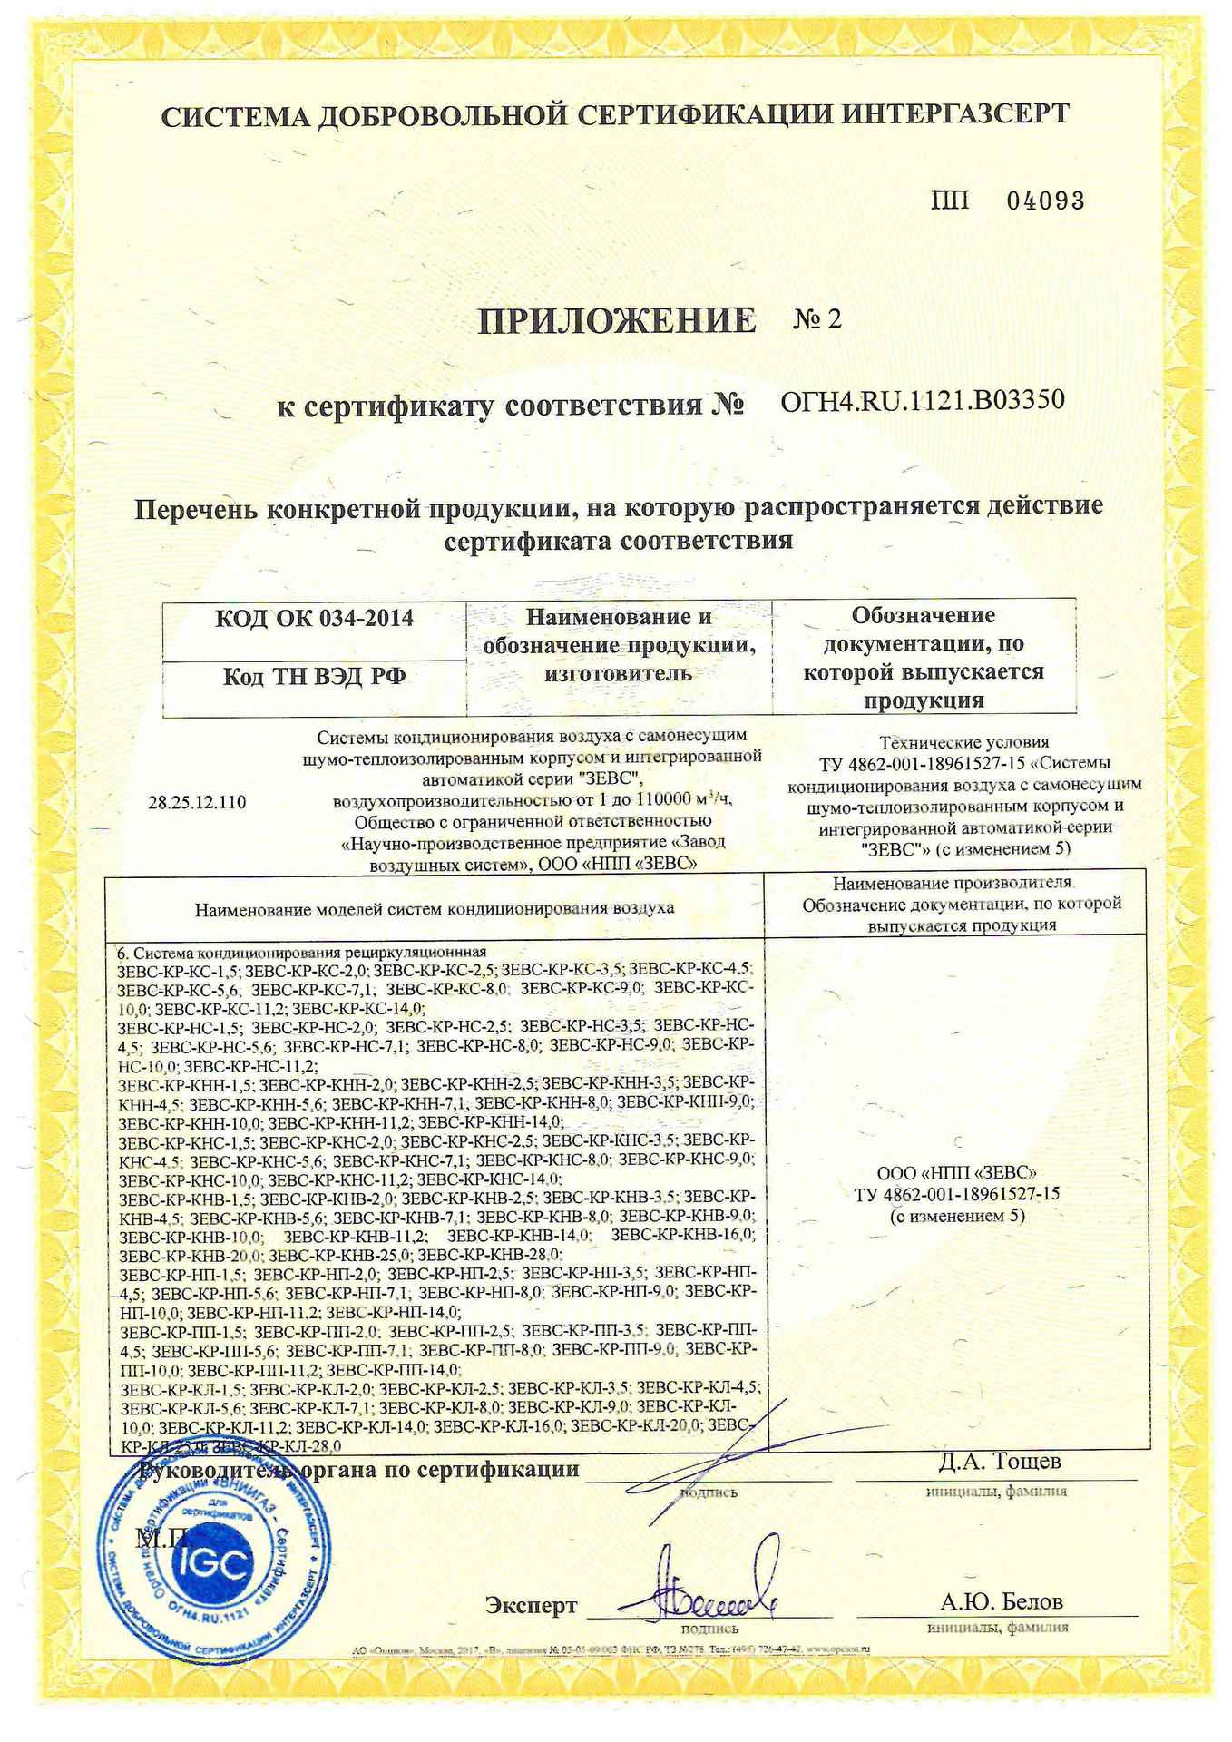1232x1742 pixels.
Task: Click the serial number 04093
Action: (1046, 201)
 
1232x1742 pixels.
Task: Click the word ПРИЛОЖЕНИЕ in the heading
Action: (616, 320)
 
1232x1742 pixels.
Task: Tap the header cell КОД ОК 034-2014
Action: (314, 619)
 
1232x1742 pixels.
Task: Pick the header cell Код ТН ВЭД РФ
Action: (314, 677)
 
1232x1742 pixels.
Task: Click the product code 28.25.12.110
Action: (197, 802)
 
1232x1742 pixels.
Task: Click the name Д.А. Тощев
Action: (999, 1462)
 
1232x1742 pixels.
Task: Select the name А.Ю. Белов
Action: (1001, 1601)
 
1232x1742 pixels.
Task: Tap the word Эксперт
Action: (531, 1605)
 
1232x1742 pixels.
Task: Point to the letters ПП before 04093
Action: (951, 201)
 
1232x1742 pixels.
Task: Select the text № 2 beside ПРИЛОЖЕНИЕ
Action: (817, 319)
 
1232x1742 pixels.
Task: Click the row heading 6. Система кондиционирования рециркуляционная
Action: (302, 952)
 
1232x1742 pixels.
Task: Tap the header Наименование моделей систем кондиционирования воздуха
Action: (435, 907)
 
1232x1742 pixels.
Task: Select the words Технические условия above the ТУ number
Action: (964, 742)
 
